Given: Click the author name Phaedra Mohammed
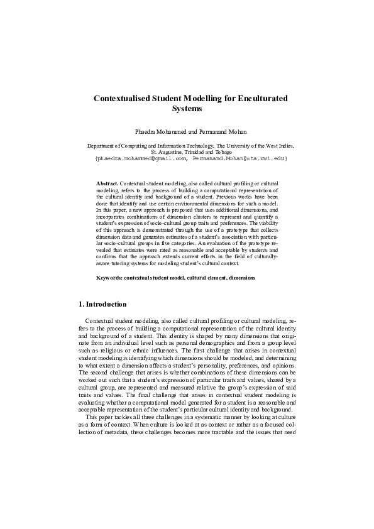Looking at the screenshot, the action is [x=156, y=132].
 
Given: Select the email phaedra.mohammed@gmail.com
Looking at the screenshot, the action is [x=143, y=159].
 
